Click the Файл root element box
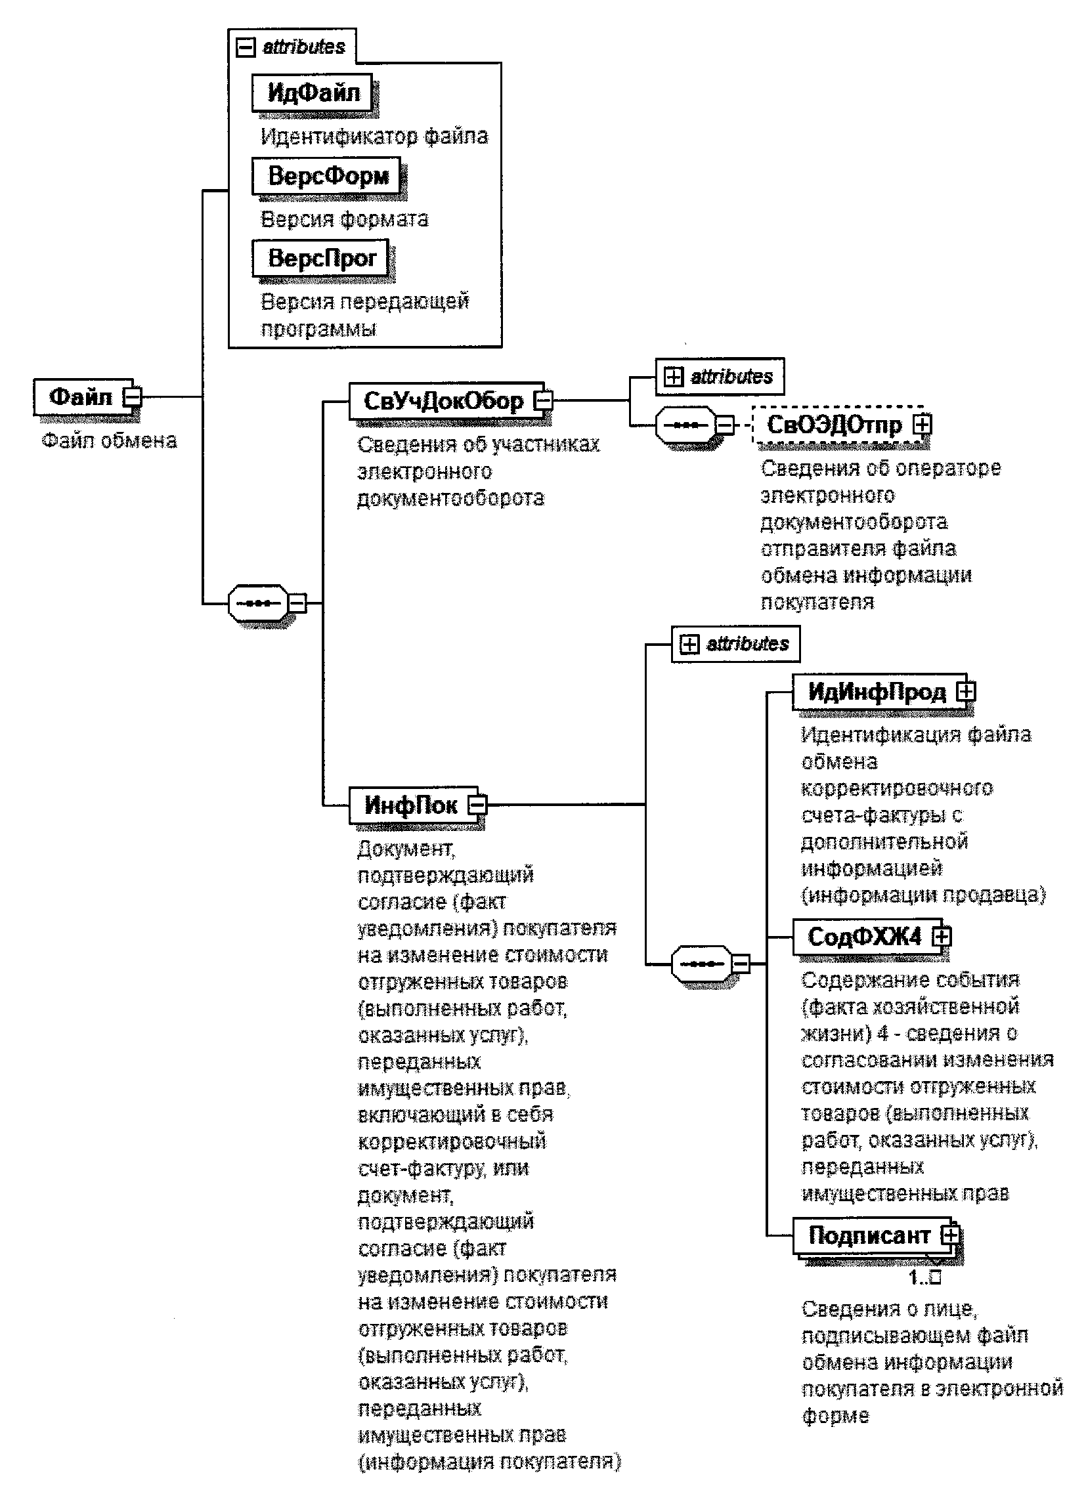[x=81, y=397]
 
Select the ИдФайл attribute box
[x=313, y=93]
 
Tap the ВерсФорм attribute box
[x=328, y=175]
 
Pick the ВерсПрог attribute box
[x=322, y=258]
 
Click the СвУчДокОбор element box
[x=443, y=400]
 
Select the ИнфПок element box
[x=410, y=805]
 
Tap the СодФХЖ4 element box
[x=864, y=937]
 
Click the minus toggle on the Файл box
[x=134, y=396]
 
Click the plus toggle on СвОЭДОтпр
[x=923, y=425]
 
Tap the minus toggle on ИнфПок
[x=478, y=804]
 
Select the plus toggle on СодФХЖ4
[x=942, y=937]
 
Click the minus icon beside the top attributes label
[x=245, y=47]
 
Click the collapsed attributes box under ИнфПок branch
[x=735, y=644]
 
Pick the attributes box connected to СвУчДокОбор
[x=720, y=377]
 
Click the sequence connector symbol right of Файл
[x=257, y=603]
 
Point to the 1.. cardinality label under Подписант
[x=924, y=1278]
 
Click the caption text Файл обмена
[x=109, y=440]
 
